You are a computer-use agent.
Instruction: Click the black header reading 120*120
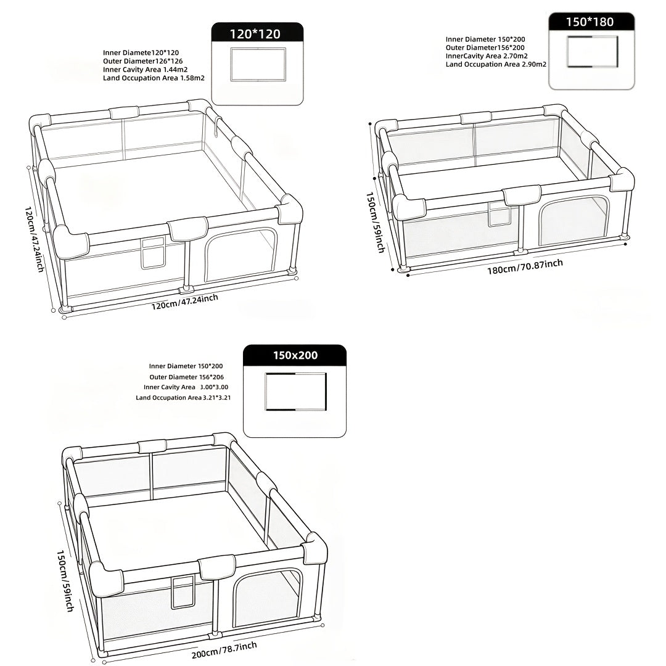[x=257, y=33]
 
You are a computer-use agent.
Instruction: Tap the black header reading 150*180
[x=591, y=22]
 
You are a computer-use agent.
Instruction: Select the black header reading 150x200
[x=295, y=355]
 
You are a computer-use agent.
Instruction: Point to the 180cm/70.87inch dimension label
[x=525, y=267]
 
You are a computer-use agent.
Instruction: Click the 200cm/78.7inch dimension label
[x=224, y=649]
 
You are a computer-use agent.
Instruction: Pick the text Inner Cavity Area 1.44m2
[x=146, y=70]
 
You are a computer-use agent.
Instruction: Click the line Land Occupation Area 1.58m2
[x=154, y=78]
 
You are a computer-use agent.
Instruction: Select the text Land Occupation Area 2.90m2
[x=496, y=65]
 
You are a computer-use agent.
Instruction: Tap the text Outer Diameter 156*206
[x=186, y=377]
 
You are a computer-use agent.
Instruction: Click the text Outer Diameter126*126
[x=142, y=61]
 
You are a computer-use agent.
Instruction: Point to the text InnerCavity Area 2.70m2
[x=487, y=56]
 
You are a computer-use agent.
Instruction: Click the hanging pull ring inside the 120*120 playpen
[x=217, y=128]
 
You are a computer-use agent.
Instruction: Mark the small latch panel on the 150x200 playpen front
[x=183, y=593]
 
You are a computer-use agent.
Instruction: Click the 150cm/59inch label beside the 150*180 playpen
[x=375, y=222]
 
